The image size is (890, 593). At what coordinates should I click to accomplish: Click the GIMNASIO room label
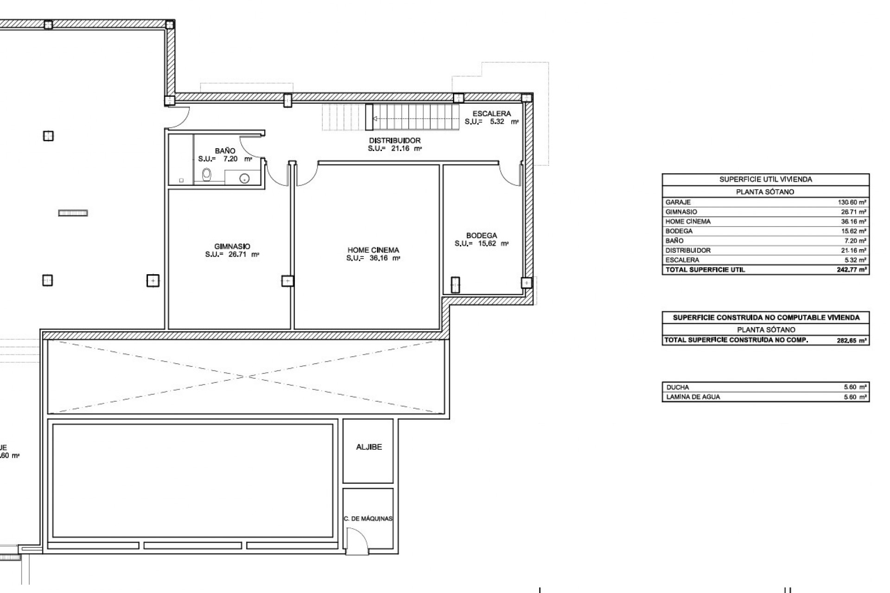pyautogui.click(x=232, y=246)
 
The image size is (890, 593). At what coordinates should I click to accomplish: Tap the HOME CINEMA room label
pyautogui.click(x=373, y=250)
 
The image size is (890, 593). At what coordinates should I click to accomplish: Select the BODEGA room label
pyautogui.click(x=482, y=235)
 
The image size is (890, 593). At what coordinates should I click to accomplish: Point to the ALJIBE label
pyautogui.click(x=369, y=447)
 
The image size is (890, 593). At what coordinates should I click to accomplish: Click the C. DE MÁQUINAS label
pyautogui.click(x=368, y=518)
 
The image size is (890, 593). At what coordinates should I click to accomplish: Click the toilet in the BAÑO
pyautogui.click(x=207, y=175)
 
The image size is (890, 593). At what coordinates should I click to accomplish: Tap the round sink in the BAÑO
pyautogui.click(x=244, y=177)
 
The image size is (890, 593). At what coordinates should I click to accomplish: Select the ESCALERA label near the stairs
pyautogui.click(x=491, y=114)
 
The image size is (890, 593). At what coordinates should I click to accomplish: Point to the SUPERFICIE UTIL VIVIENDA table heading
pyautogui.click(x=765, y=179)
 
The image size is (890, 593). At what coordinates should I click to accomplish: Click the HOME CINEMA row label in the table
pyautogui.click(x=687, y=221)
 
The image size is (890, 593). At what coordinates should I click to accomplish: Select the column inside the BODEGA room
pyautogui.click(x=455, y=285)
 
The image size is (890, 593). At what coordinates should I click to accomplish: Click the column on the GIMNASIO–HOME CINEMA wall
pyautogui.click(x=287, y=281)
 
